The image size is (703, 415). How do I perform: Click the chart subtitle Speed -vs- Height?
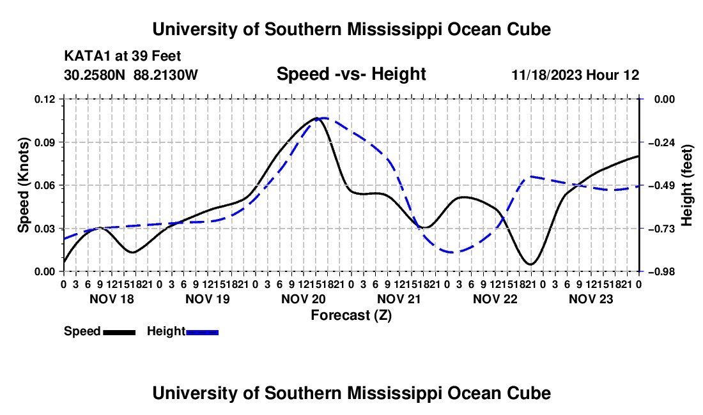[x=351, y=74]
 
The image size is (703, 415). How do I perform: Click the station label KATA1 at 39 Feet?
[x=123, y=56]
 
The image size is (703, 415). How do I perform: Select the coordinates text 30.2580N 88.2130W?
[x=130, y=75]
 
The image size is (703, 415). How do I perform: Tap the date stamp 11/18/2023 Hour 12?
[x=575, y=75]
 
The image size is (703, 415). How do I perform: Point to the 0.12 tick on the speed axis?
[x=45, y=99]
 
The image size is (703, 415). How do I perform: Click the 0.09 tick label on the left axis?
[x=45, y=142]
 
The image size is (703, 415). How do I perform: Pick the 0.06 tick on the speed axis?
[x=45, y=185]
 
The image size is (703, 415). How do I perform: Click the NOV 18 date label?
[x=112, y=299]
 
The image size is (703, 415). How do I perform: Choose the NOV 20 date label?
[x=304, y=299]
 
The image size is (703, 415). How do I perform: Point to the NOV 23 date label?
[x=591, y=299]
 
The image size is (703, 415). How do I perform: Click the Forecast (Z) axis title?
[x=351, y=315]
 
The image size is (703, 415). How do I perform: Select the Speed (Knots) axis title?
[x=23, y=185]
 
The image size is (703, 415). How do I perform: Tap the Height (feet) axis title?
[x=686, y=185]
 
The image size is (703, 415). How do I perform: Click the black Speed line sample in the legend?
[x=120, y=333]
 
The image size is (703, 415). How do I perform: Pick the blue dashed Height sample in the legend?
[x=202, y=333]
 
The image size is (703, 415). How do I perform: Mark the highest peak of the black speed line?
[x=317, y=118]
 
